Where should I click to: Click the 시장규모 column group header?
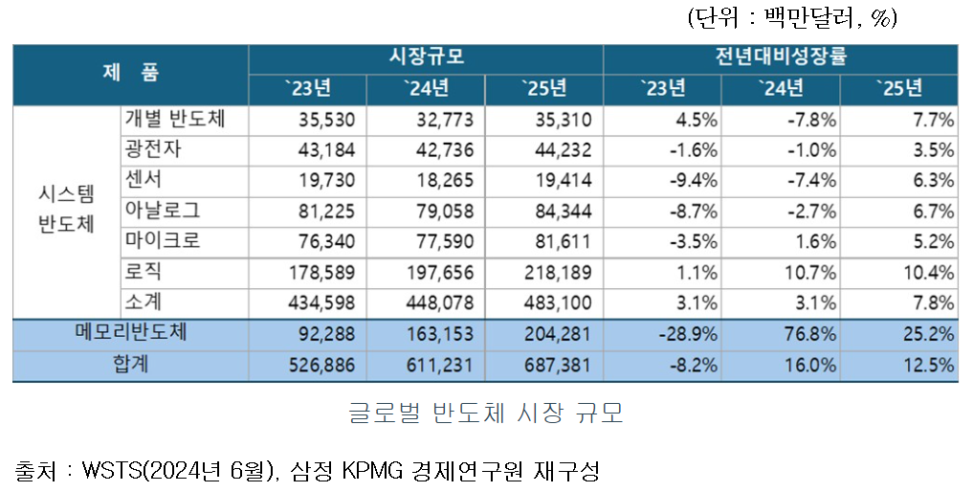click(x=426, y=56)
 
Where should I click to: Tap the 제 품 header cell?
click(x=131, y=72)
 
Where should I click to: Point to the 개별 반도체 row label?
click(x=173, y=120)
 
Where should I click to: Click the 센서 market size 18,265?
click(x=439, y=181)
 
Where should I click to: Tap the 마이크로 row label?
click(x=164, y=241)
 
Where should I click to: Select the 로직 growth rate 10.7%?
click(x=810, y=273)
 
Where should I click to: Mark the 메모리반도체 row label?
click(x=131, y=334)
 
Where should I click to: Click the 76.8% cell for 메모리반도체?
click(x=810, y=334)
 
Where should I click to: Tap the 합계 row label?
click(x=131, y=365)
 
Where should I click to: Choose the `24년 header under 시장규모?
click(x=426, y=89)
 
